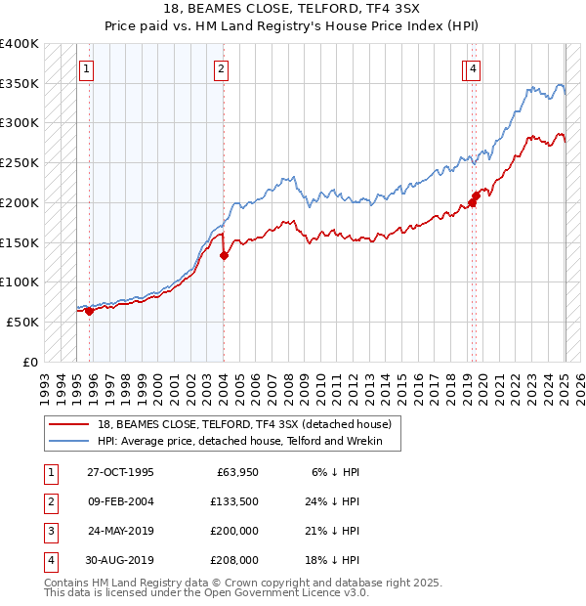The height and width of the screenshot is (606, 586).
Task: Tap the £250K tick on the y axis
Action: point(20,162)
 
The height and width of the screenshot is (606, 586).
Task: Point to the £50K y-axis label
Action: point(22,322)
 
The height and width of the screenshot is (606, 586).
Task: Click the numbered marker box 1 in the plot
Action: point(88,68)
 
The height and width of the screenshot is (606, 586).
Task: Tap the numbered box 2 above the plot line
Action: point(223,68)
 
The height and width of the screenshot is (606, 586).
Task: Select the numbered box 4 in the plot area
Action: point(473,68)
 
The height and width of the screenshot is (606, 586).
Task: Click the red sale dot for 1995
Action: point(89,311)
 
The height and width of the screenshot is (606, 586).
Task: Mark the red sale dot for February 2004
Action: point(224,256)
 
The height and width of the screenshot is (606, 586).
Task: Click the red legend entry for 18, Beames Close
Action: point(244,424)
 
